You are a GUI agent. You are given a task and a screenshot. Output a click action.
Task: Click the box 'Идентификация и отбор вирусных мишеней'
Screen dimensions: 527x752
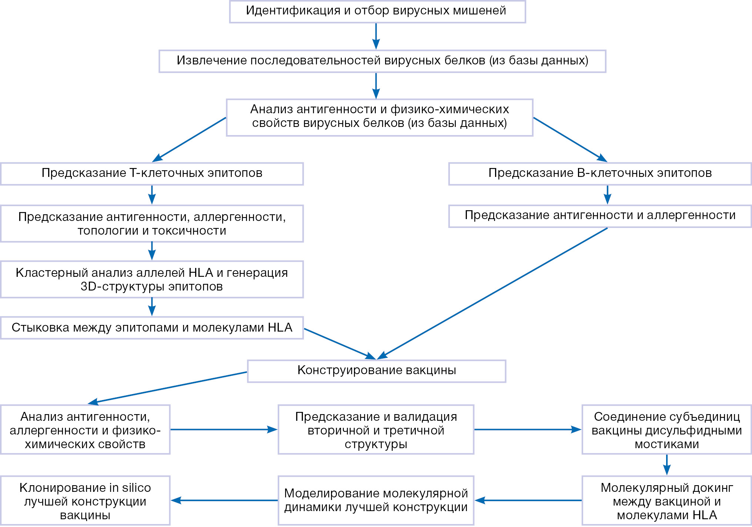coord(377,11)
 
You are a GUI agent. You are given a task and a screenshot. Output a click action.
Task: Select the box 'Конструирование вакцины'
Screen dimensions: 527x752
coord(376,371)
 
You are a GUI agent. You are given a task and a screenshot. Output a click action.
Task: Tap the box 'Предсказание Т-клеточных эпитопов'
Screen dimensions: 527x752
coord(152,174)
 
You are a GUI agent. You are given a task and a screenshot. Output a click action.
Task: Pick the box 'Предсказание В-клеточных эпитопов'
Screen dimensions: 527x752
coord(600,174)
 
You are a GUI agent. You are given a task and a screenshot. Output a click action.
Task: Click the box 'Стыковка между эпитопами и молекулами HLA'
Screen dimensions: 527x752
coord(152,328)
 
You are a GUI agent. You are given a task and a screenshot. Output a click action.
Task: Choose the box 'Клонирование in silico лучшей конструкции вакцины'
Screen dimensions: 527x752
coord(85,500)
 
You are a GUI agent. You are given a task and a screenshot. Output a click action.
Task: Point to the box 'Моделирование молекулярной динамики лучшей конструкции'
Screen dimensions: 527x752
coord(376,500)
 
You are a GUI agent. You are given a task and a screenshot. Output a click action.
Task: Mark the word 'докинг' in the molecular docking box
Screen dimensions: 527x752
coord(713,488)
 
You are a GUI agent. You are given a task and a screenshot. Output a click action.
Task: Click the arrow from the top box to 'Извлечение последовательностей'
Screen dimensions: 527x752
coord(376,36)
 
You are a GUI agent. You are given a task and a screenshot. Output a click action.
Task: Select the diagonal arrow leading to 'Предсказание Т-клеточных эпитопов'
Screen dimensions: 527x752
coord(190,140)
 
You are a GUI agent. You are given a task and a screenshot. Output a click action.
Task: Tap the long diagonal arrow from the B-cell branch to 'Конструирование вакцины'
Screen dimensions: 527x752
coord(492,293)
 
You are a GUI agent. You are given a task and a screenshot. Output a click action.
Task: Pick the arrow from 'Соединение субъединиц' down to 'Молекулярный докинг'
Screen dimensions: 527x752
coord(666,465)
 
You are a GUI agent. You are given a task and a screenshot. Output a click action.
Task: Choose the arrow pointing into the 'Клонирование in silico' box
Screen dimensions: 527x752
coord(224,500)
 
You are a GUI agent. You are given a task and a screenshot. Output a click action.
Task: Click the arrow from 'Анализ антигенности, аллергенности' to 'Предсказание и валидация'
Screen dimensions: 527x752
coord(224,430)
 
